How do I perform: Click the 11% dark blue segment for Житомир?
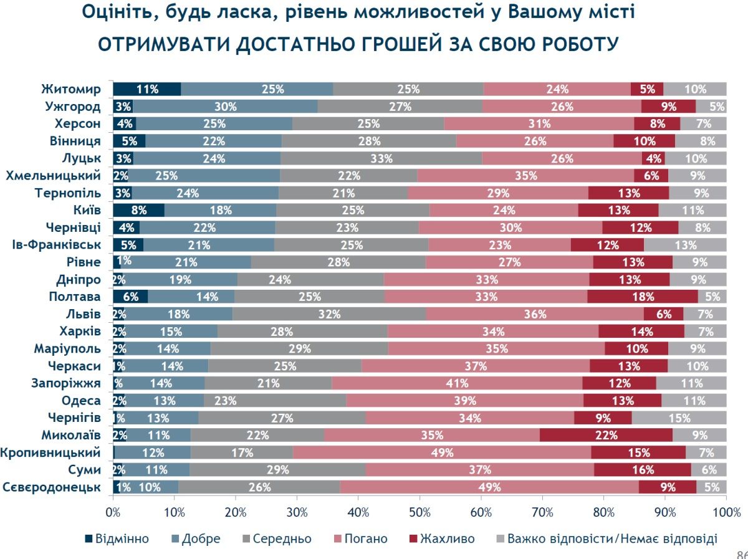[x=147, y=89]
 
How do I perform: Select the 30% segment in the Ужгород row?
[x=225, y=107]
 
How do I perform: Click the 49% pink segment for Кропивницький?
[x=442, y=452]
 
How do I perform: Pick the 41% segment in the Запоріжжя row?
[x=457, y=383]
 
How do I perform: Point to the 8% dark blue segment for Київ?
[x=138, y=210]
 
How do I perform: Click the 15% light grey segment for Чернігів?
[x=679, y=418]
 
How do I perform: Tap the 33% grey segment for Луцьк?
[x=381, y=158]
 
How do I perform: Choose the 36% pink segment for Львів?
[x=535, y=314]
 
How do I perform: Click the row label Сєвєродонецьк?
[x=52, y=487]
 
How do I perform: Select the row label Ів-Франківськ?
[x=56, y=244]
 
